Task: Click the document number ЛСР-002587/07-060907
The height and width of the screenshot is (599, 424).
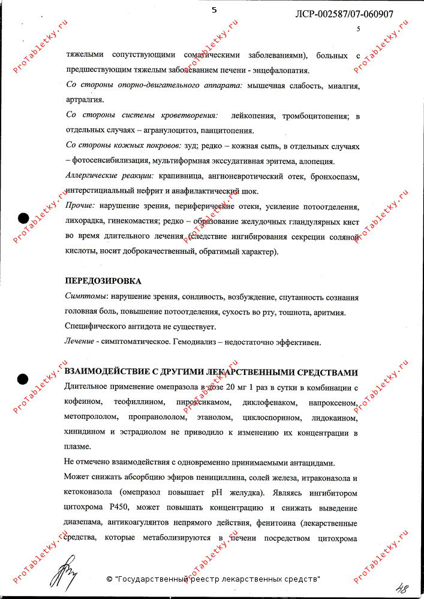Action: click(x=345, y=14)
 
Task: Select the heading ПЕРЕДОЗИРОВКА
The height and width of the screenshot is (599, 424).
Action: click(x=103, y=281)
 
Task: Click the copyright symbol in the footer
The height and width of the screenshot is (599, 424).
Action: click(x=109, y=579)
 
